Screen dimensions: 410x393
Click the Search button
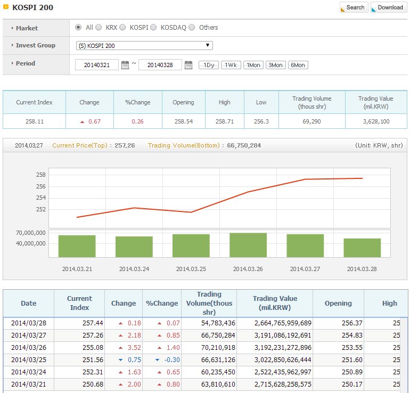click(354, 7)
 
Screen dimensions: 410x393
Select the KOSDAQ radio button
click(153, 28)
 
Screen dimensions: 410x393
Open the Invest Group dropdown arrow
click(208, 45)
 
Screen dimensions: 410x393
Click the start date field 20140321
click(97, 65)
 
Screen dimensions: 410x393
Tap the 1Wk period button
click(231, 65)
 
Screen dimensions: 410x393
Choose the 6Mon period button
click(298, 65)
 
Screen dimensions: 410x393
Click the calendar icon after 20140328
click(188, 65)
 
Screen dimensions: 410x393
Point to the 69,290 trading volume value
click(311, 121)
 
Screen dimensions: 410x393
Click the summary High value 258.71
click(225, 121)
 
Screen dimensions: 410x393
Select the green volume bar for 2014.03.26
click(248, 245)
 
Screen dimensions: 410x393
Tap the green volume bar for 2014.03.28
click(362, 248)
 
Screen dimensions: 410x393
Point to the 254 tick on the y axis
click(41, 198)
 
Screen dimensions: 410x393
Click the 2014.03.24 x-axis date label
click(134, 269)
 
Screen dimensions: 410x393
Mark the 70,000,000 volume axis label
click(30, 233)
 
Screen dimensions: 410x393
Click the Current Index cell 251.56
click(93, 360)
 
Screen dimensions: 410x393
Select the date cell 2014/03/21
click(29, 384)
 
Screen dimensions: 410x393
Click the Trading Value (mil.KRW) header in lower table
click(275, 303)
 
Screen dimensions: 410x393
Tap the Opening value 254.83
click(352, 335)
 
